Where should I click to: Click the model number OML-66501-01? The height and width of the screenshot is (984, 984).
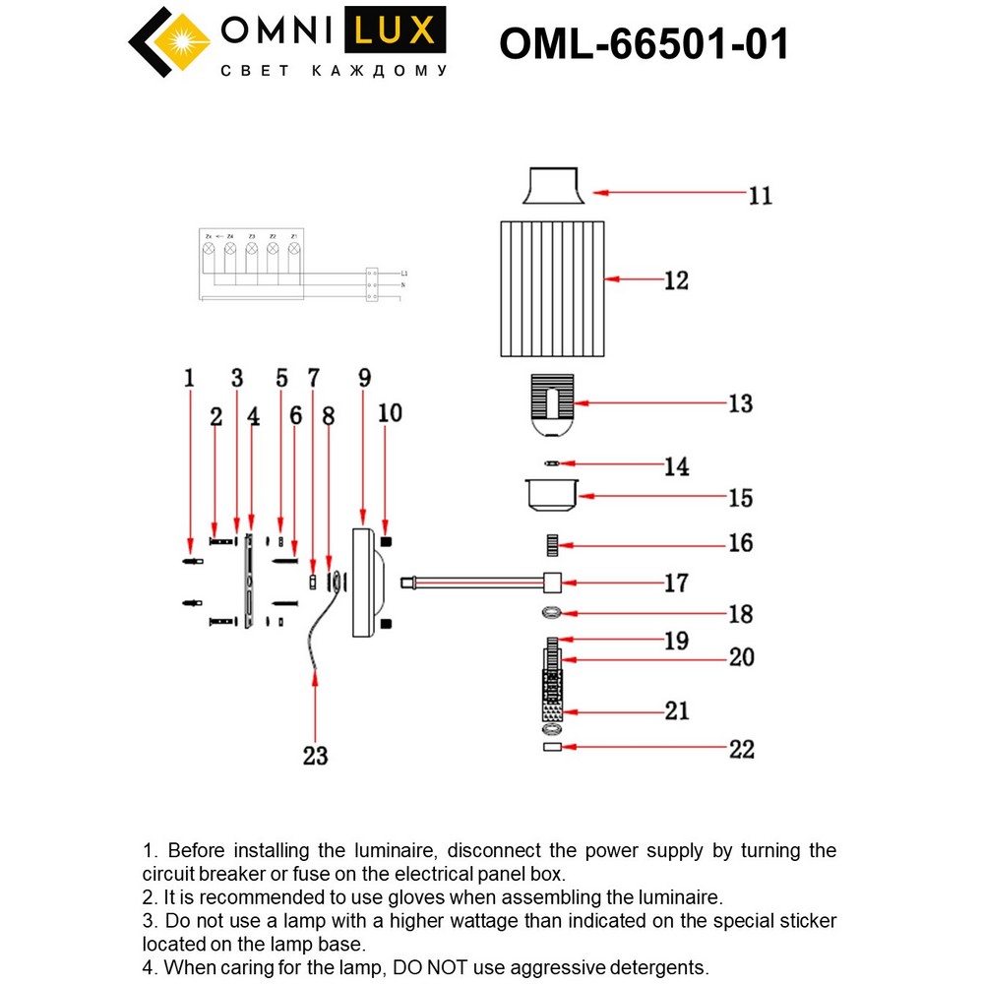644,43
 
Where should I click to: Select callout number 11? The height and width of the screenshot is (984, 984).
759,195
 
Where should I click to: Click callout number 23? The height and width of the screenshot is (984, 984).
314,755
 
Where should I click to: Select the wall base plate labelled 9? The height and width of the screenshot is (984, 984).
364,583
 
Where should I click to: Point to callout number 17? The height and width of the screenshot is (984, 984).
675,583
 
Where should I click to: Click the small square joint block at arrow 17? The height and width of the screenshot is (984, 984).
552,583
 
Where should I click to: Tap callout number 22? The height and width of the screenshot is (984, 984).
741,749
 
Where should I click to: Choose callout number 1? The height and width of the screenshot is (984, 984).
188,377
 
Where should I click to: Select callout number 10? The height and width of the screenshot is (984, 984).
391,412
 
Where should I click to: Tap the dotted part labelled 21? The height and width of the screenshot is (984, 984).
552,704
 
